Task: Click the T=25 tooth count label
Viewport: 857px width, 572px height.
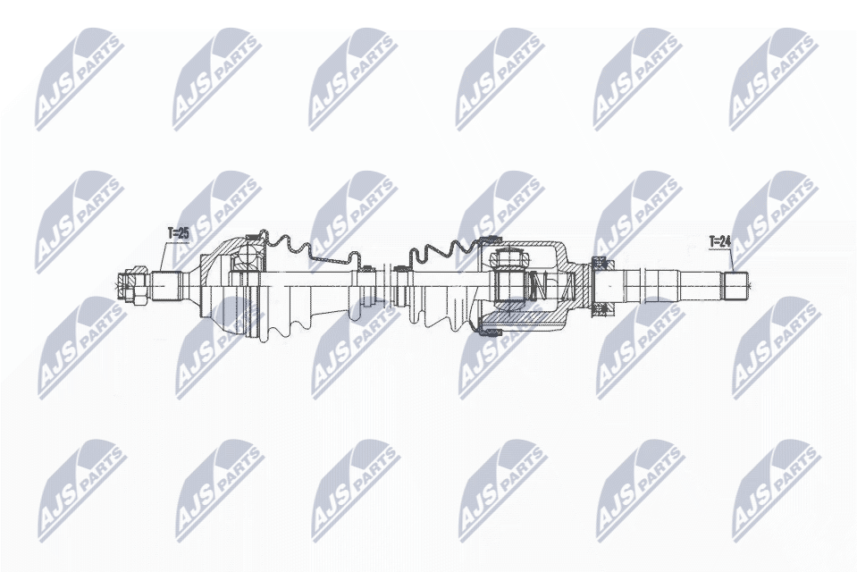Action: (179, 234)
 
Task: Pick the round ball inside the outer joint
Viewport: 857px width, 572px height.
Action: (244, 262)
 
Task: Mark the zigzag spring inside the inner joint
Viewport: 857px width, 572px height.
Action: (536, 286)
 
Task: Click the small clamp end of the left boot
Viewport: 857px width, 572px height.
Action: (365, 284)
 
